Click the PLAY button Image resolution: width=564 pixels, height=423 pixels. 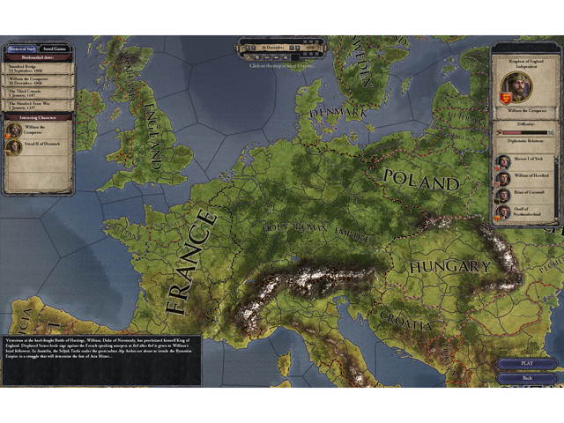coord(526,363)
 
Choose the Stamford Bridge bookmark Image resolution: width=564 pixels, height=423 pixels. coord(36,67)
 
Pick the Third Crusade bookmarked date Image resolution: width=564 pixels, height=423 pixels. coord(36,93)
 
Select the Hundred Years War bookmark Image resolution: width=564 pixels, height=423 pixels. coord(36,106)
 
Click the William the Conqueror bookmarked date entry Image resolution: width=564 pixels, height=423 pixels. coord(36,80)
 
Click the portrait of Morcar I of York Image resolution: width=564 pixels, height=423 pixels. coord(502,162)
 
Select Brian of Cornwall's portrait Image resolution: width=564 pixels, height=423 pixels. coord(502,196)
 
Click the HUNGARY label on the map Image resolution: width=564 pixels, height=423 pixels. coord(449,265)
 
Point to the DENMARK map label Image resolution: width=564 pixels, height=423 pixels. coord(338,113)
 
